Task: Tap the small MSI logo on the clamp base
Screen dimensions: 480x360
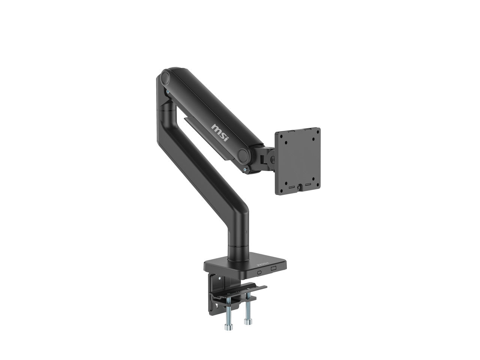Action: point(262,264)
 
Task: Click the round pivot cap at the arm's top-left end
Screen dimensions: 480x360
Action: point(165,77)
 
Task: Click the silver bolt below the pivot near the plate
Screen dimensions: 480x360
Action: point(245,169)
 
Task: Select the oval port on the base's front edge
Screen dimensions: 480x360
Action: point(259,272)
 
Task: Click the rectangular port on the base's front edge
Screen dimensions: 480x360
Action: point(274,268)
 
